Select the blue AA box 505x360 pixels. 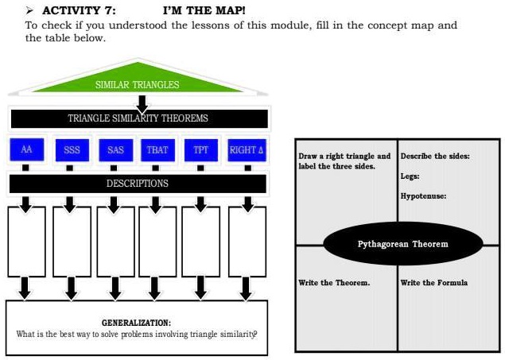(x=26, y=150)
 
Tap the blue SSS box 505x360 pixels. (x=71, y=150)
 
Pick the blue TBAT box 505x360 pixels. (x=155, y=150)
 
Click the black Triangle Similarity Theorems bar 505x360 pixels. (x=138, y=118)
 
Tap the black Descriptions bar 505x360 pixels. (x=138, y=184)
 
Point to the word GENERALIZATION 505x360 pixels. (x=136, y=323)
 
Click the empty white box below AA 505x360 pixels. (x=26, y=242)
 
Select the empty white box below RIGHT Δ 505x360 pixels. (x=247, y=242)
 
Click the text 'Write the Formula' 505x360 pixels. (x=434, y=283)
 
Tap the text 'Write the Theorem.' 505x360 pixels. (x=334, y=283)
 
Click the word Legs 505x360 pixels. (x=410, y=176)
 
